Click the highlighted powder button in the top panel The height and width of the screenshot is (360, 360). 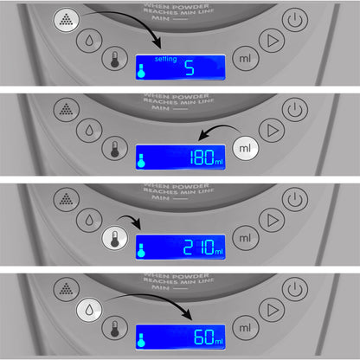(67, 19)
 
